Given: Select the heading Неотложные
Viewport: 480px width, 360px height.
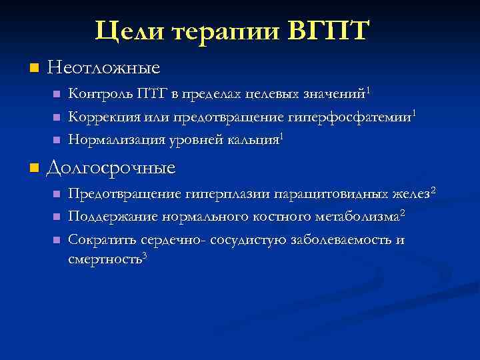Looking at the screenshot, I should point(105,68).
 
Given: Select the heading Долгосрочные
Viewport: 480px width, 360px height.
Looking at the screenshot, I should point(111,167).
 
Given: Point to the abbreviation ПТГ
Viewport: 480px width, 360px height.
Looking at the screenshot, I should point(152,93).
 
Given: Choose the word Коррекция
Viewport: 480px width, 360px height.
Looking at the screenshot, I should point(103,117).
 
